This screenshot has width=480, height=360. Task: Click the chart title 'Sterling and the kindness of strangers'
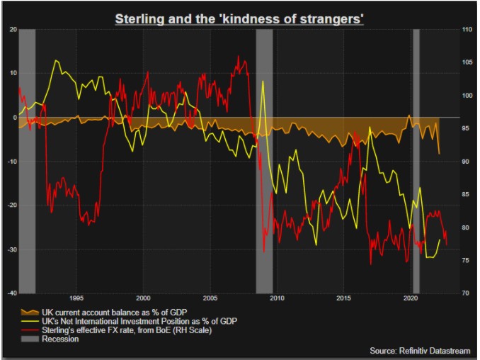(239, 18)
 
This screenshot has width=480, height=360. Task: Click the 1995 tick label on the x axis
(77, 298)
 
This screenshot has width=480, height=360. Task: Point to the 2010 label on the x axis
(276, 298)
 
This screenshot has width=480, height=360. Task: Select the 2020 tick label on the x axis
(409, 298)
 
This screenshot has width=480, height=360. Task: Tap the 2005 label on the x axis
(210, 298)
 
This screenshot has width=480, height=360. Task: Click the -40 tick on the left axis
(11, 293)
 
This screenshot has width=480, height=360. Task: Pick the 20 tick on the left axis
(13, 30)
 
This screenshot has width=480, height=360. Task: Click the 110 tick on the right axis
(467, 30)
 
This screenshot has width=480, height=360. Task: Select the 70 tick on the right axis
(466, 293)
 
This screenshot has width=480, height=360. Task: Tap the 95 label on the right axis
(466, 128)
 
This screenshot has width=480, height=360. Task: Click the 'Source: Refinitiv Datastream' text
(420, 350)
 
